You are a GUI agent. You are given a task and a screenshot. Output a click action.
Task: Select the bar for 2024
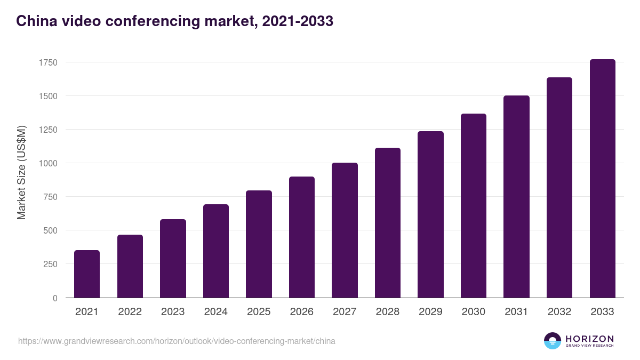tap(216, 251)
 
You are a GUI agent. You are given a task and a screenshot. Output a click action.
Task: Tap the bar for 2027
tap(345, 230)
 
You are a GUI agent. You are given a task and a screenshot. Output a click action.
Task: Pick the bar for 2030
tap(474, 205)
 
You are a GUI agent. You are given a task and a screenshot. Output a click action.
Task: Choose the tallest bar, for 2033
tap(602, 178)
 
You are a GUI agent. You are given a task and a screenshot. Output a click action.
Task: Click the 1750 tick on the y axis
tap(48, 62)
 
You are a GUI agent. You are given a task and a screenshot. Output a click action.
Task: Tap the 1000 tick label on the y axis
tap(48, 163)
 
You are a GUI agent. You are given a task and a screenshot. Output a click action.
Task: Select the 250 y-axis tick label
tap(50, 264)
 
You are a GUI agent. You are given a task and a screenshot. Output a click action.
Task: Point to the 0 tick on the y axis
tap(54, 298)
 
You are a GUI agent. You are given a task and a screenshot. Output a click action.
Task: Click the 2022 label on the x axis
tap(130, 312)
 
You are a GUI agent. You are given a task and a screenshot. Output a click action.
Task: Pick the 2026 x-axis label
tap(302, 312)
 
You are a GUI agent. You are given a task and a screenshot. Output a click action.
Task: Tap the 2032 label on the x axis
tap(559, 312)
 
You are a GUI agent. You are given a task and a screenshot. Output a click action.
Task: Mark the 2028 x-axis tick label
tap(388, 312)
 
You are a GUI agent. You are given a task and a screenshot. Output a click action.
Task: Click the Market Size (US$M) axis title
tap(21, 173)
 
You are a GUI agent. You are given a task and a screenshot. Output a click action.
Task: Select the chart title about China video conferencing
tap(174, 21)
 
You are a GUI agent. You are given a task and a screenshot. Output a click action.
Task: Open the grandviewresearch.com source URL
tap(177, 341)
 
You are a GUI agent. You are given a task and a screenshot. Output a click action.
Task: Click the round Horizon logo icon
tap(553, 341)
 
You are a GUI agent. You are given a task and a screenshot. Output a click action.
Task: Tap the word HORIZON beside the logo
tap(589, 338)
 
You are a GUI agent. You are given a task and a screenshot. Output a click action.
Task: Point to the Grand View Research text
tap(589, 346)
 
